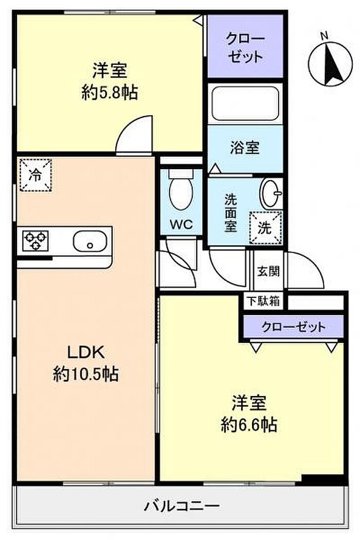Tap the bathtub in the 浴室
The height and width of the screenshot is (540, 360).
point(245,104)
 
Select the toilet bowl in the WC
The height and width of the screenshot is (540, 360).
point(181,190)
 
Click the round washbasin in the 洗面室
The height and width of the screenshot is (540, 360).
point(271,193)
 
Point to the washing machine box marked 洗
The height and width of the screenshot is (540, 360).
point(265,228)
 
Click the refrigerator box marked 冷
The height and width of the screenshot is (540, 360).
point(35,175)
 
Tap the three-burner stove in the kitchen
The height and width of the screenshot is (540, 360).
point(35,241)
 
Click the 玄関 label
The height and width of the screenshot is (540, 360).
point(268,272)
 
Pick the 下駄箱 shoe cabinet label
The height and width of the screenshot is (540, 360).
point(263,301)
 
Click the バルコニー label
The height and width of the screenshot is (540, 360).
point(182,506)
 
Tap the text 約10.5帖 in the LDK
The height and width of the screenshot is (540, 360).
point(86,374)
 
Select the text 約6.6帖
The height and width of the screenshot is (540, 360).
point(249,425)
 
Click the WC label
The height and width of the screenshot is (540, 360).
point(181,225)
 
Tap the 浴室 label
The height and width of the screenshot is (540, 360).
point(245,148)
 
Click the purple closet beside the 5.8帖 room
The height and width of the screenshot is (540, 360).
point(245,46)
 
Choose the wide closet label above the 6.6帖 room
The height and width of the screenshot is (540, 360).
point(294,327)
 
